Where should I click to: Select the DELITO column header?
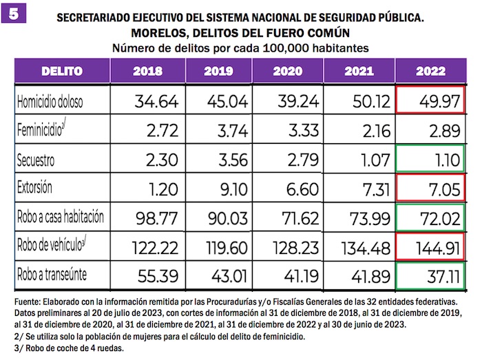(x=62, y=71)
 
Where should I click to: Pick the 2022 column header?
(x=430, y=72)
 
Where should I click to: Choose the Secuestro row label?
(x=40, y=160)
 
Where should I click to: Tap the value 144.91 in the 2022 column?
(x=433, y=246)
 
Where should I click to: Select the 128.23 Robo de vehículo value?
(x=295, y=246)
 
